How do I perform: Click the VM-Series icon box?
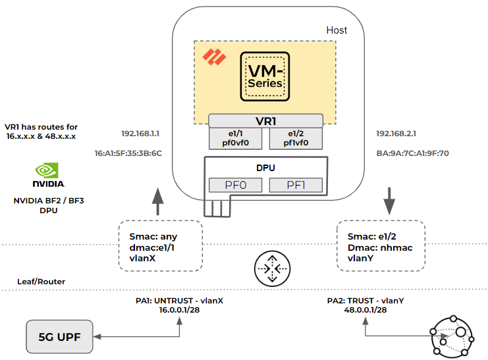[265, 77]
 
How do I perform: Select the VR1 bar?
[265, 121]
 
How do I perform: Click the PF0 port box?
[236, 185]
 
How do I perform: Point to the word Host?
[337, 30]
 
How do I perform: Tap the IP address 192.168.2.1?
[396, 133]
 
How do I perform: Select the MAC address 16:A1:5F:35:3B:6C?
[128, 153]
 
